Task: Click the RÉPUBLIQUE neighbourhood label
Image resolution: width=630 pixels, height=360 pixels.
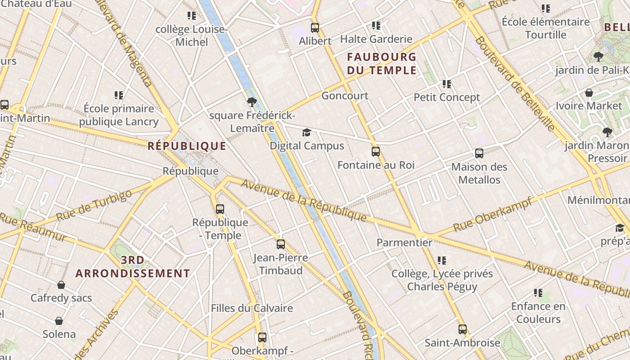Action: click(x=187, y=146)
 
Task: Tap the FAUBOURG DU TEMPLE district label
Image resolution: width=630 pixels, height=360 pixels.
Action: click(x=382, y=63)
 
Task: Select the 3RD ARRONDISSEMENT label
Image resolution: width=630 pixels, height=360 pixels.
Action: click(x=133, y=267)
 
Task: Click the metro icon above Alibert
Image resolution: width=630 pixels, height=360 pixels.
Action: click(x=315, y=27)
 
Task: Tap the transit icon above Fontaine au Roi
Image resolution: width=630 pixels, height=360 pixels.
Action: click(x=376, y=152)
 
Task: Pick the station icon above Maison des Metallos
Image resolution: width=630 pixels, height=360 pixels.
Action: click(x=479, y=153)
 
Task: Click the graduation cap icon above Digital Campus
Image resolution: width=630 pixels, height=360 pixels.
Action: click(x=306, y=132)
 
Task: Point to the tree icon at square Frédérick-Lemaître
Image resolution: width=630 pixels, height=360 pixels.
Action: click(x=252, y=102)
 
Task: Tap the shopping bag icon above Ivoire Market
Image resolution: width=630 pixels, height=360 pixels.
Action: click(x=589, y=93)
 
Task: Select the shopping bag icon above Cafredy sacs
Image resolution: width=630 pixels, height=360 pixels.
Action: click(x=61, y=284)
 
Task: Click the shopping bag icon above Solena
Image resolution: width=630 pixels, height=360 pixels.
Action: click(x=59, y=321)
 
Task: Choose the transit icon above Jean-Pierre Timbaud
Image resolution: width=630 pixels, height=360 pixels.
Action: click(x=281, y=244)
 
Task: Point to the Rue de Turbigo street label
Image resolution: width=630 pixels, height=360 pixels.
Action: click(x=94, y=206)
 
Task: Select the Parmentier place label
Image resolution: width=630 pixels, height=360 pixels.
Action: click(x=404, y=243)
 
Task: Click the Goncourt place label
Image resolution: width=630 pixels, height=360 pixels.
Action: click(x=345, y=95)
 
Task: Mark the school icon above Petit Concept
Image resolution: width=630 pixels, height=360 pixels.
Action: click(x=447, y=84)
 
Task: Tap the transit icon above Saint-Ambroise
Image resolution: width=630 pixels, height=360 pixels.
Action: click(x=463, y=329)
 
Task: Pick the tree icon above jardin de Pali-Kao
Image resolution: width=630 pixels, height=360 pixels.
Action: click(x=598, y=57)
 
